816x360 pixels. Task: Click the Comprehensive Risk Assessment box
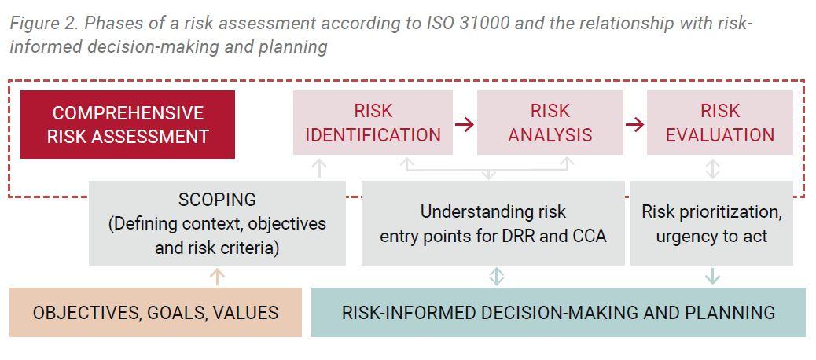click(x=127, y=124)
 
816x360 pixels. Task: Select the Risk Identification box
click(x=373, y=123)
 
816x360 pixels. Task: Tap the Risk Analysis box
click(x=550, y=123)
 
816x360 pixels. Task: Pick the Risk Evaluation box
click(x=720, y=123)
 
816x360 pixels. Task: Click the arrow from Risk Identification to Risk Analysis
click(x=465, y=124)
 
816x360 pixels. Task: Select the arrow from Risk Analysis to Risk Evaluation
click(x=635, y=124)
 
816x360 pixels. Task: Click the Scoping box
click(x=217, y=223)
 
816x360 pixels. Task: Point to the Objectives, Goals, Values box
click(x=156, y=312)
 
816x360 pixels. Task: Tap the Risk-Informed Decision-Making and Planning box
click(x=558, y=312)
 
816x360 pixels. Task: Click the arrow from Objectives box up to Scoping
click(x=217, y=277)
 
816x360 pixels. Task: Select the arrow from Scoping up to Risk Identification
click(x=319, y=168)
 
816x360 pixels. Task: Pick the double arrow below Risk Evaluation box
click(x=712, y=168)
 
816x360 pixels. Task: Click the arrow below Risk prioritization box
click(x=712, y=276)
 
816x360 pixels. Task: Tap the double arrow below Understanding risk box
click(x=497, y=276)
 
